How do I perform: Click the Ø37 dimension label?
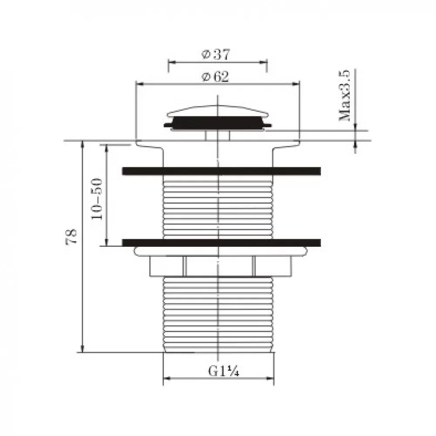click(x=216, y=54)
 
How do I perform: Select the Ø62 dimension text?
click(x=215, y=76)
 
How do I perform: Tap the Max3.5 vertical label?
click(x=344, y=95)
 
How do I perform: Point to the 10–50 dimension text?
click(x=97, y=199)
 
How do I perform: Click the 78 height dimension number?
click(x=71, y=236)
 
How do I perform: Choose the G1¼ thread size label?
click(x=224, y=371)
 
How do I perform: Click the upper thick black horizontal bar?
click(x=221, y=171)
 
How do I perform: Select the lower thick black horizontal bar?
click(x=221, y=243)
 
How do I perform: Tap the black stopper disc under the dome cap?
click(x=218, y=123)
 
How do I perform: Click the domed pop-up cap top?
click(x=218, y=110)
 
